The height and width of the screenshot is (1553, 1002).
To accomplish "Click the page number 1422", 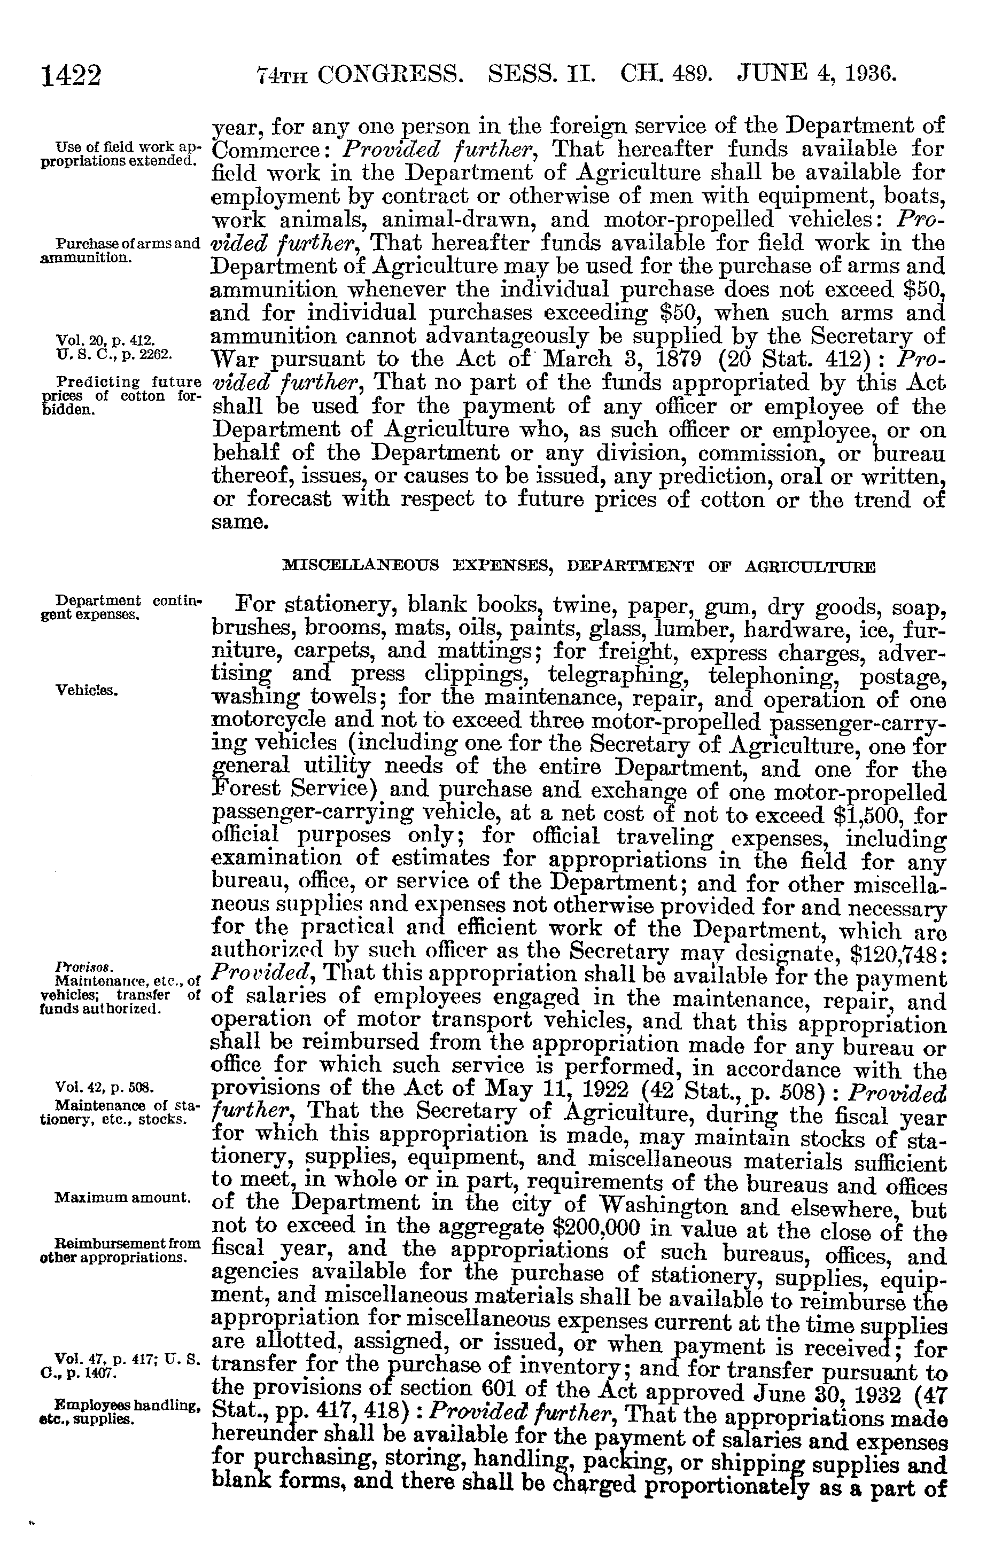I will point(72,75).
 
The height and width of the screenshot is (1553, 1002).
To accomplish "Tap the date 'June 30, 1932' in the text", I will point(813,1393).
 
